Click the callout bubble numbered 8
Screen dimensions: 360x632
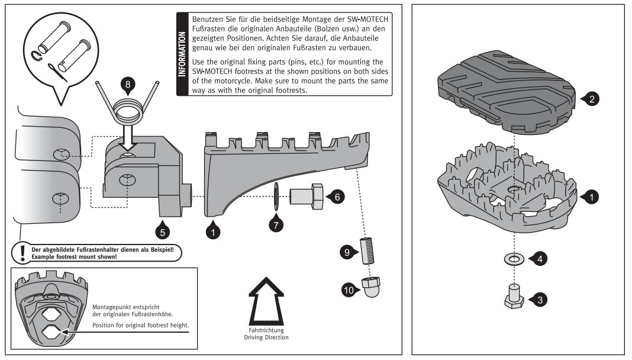[x=129, y=85]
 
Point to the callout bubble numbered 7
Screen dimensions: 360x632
[x=276, y=224]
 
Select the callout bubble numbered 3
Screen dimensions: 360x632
[x=538, y=299]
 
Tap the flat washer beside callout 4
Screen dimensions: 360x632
[x=512, y=259]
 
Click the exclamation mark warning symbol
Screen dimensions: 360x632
[x=22, y=253]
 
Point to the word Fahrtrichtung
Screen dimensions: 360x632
[x=266, y=329]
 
